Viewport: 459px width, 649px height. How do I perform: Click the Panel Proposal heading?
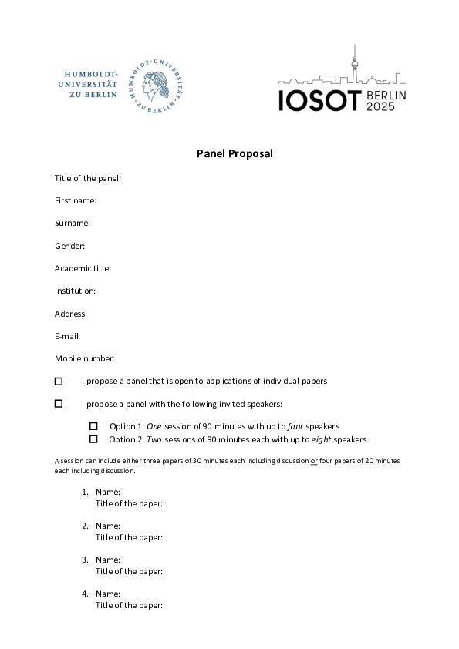[x=234, y=153]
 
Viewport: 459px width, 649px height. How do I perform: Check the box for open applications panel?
[x=59, y=381]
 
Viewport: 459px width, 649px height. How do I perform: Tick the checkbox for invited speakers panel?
[x=59, y=403]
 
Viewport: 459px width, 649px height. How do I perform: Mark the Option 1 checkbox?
[x=93, y=426]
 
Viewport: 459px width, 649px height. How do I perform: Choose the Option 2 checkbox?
[x=93, y=439]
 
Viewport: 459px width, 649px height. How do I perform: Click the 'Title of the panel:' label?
[x=88, y=178]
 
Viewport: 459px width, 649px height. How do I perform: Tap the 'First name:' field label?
[x=76, y=200]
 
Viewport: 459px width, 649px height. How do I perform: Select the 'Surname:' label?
[x=73, y=223]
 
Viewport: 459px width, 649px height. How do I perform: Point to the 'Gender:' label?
[x=69, y=246]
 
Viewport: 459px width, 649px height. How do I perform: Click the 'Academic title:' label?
[x=83, y=268]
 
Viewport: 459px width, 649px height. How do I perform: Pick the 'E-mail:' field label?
[x=68, y=336]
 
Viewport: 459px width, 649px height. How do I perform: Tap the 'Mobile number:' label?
[x=85, y=358]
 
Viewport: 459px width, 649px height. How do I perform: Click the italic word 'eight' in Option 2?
[x=322, y=439]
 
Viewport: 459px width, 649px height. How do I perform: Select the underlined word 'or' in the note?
[x=314, y=460]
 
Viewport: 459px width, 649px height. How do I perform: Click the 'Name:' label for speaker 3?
[x=108, y=560]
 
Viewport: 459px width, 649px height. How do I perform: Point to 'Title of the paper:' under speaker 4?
[x=129, y=605]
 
